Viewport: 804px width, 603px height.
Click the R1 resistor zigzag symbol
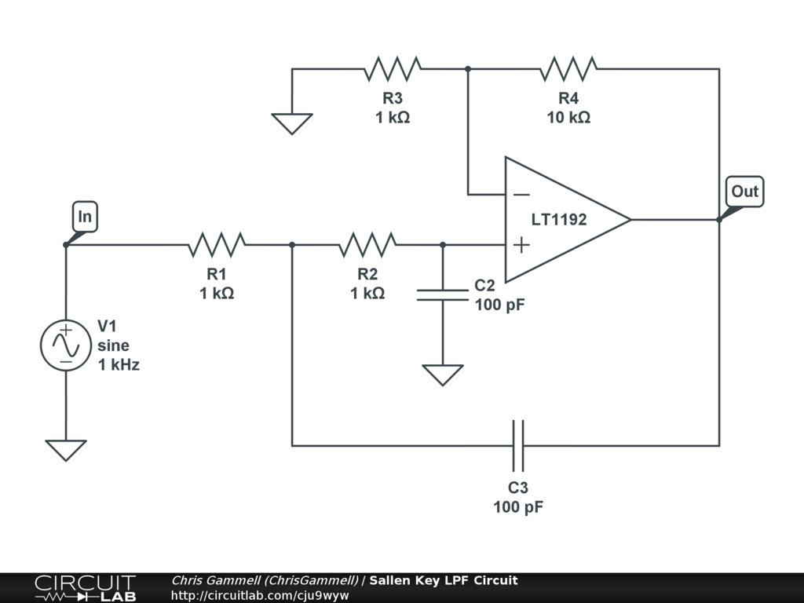click(x=217, y=245)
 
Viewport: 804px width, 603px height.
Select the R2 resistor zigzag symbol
click(x=367, y=245)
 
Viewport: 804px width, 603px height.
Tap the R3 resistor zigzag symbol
click(x=393, y=69)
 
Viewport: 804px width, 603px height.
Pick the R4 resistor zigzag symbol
click(x=568, y=69)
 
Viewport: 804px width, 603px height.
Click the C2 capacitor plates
click(x=443, y=295)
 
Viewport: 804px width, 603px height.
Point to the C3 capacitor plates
click(x=518, y=446)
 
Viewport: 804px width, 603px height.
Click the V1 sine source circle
click(x=66, y=345)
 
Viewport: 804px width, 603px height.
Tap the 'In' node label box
click(x=85, y=217)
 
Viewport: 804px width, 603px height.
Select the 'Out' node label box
click(x=745, y=192)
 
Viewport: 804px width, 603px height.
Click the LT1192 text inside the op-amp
click(x=559, y=220)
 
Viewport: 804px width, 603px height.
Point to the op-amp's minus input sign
click(x=521, y=195)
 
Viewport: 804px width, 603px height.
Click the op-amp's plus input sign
click(x=521, y=245)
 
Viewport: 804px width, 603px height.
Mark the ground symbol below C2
click(x=443, y=375)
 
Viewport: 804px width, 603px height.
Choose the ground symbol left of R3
click(x=292, y=123)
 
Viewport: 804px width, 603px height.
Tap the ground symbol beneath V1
click(x=66, y=450)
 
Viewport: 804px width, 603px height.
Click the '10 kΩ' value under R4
click(x=568, y=118)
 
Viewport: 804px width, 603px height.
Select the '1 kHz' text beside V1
click(x=119, y=364)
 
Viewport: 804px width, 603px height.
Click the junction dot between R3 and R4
click(x=468, y=69)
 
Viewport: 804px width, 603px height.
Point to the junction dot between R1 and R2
click(x=292, y=245)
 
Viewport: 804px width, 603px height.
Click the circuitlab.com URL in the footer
click(x=260, y=595)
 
